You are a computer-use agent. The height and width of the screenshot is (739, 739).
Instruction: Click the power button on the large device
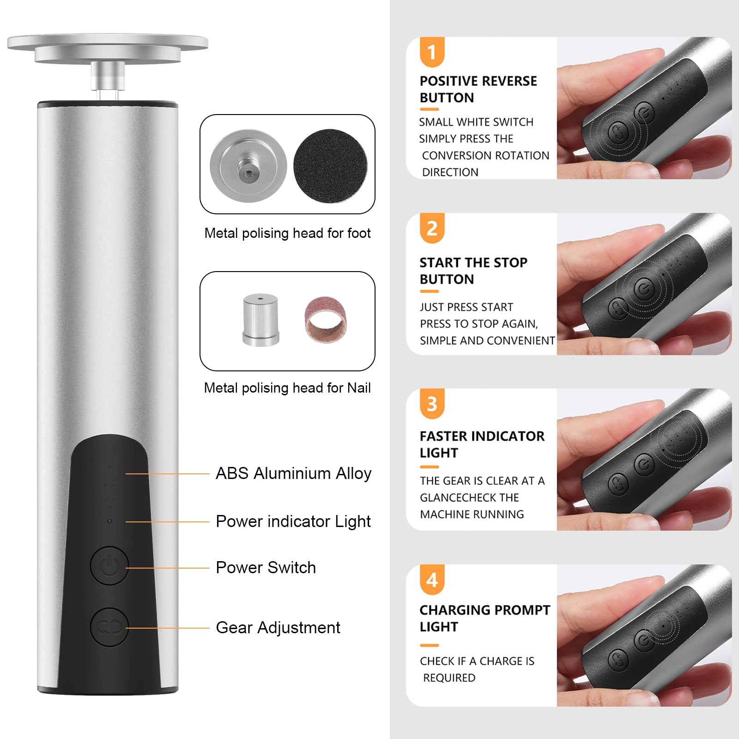pos(109,566)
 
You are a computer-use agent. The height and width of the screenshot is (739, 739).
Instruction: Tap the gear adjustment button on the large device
pos(109,627)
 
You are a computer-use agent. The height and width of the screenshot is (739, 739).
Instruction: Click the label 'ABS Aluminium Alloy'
pos(294,473)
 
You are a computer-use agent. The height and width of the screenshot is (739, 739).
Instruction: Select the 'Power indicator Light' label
pos(293,521)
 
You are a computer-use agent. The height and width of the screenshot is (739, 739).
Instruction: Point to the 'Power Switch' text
pos(266,568)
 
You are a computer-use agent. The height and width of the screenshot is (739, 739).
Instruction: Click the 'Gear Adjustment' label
pos(278,628)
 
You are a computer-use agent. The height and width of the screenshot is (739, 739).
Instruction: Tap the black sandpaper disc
pos(330,165)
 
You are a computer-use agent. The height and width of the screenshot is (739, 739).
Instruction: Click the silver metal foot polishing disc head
pos(248,165)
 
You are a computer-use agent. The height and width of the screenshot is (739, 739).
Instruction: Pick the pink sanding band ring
pos(325,320)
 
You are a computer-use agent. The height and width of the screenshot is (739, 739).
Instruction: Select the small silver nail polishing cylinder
pos(261,320)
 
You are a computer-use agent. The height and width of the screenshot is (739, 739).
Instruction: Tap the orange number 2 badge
pos(432,228)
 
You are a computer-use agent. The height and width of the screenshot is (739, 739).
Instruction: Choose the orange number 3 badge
pos(432,404)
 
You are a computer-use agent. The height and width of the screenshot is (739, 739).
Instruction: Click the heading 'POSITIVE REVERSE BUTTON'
pos(479,89)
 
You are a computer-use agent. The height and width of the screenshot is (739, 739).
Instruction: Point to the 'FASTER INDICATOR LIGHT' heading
pos(482,444)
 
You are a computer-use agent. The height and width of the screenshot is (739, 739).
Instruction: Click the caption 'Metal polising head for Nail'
pos(287,388)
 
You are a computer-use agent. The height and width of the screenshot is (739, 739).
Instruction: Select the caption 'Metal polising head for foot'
pos(287,233)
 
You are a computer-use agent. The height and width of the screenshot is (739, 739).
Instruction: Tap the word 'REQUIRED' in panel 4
pos(449,678)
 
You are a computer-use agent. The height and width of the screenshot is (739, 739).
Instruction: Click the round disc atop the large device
pos(108,48)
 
